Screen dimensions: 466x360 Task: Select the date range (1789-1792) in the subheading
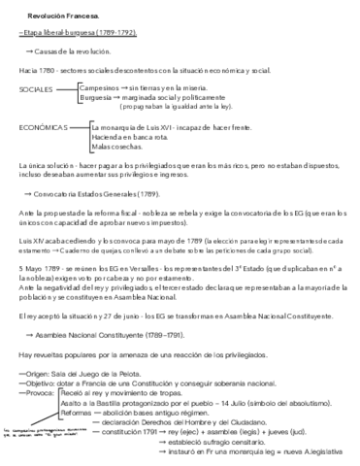coord(118,32)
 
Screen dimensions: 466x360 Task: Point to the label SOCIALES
coord(37,88)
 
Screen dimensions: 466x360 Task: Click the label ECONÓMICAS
coord(43,126)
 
